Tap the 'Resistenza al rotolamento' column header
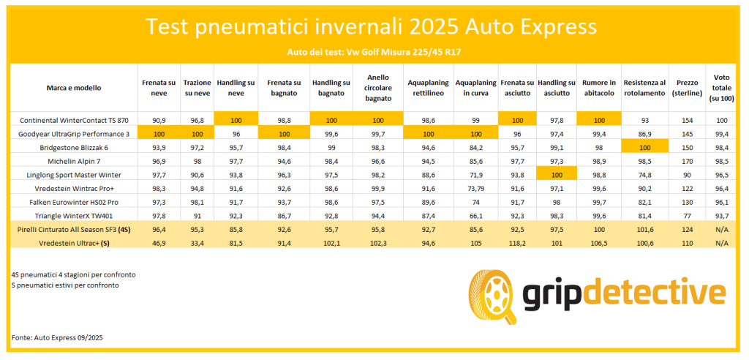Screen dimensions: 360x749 (644, 88)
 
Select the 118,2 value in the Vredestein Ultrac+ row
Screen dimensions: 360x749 (516, 243)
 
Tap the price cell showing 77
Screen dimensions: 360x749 (687, 216)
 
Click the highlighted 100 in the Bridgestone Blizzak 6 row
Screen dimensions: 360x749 (644, 147)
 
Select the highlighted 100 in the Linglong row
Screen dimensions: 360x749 (557, 175)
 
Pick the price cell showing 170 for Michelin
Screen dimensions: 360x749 (687, 161)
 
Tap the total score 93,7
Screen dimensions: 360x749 (723, 216)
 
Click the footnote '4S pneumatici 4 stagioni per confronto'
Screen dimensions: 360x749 (73, 274)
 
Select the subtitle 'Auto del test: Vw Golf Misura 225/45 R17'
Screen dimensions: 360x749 (371, 52)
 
